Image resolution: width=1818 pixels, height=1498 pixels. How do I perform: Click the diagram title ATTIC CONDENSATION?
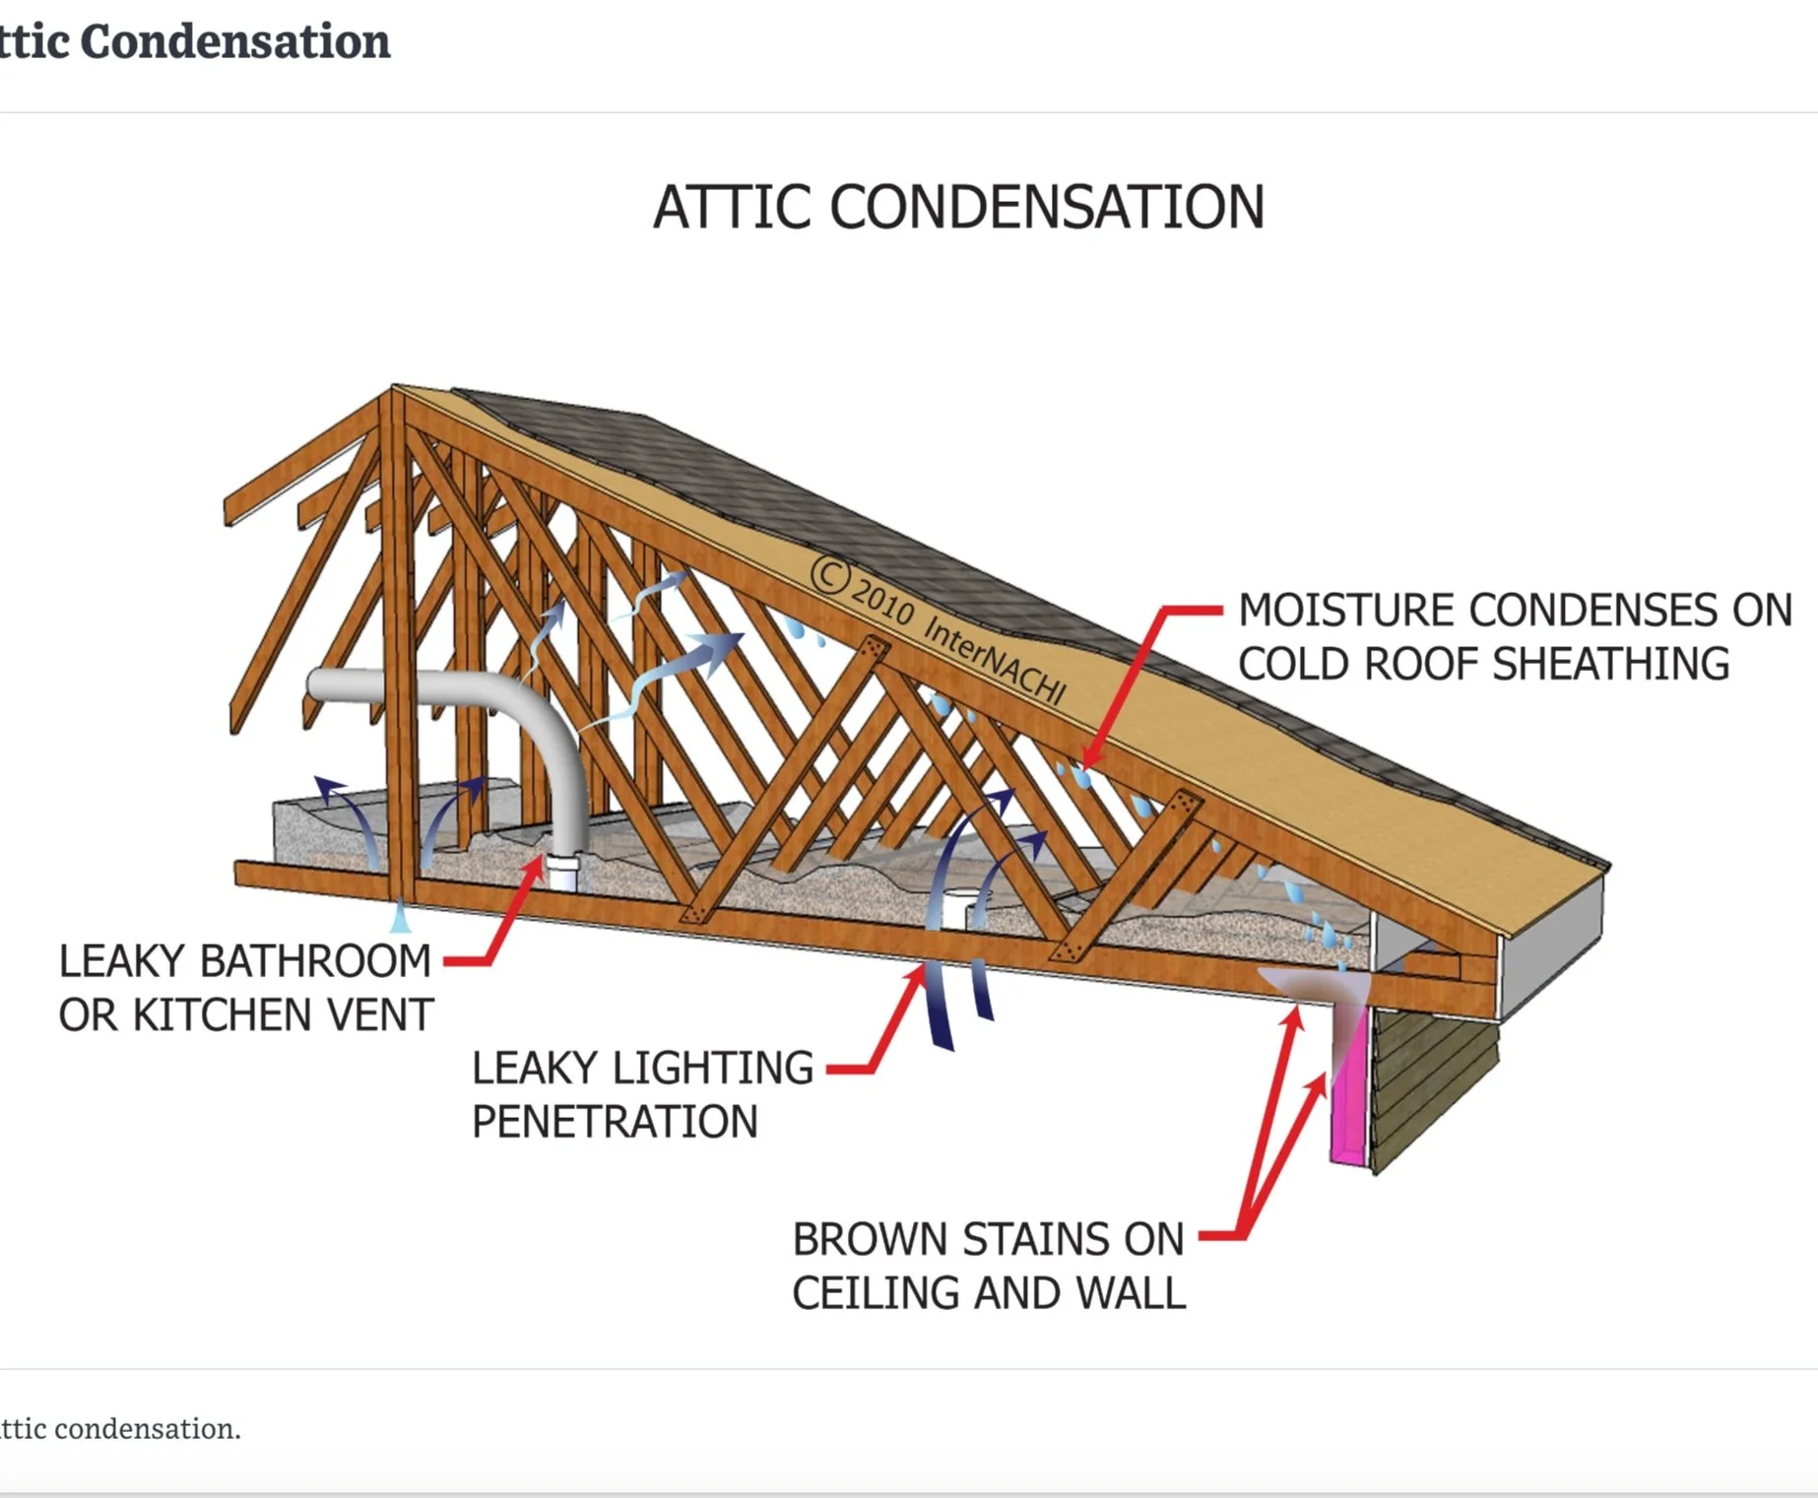tap(958, 208)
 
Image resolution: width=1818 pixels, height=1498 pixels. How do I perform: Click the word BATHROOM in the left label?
tap(314, 961)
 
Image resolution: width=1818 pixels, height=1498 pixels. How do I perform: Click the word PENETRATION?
tap(615, 1122)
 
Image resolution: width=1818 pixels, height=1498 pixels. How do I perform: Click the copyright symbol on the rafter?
tap(829, 574)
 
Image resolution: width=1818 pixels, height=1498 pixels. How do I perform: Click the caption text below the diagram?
tap(118, 1428)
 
